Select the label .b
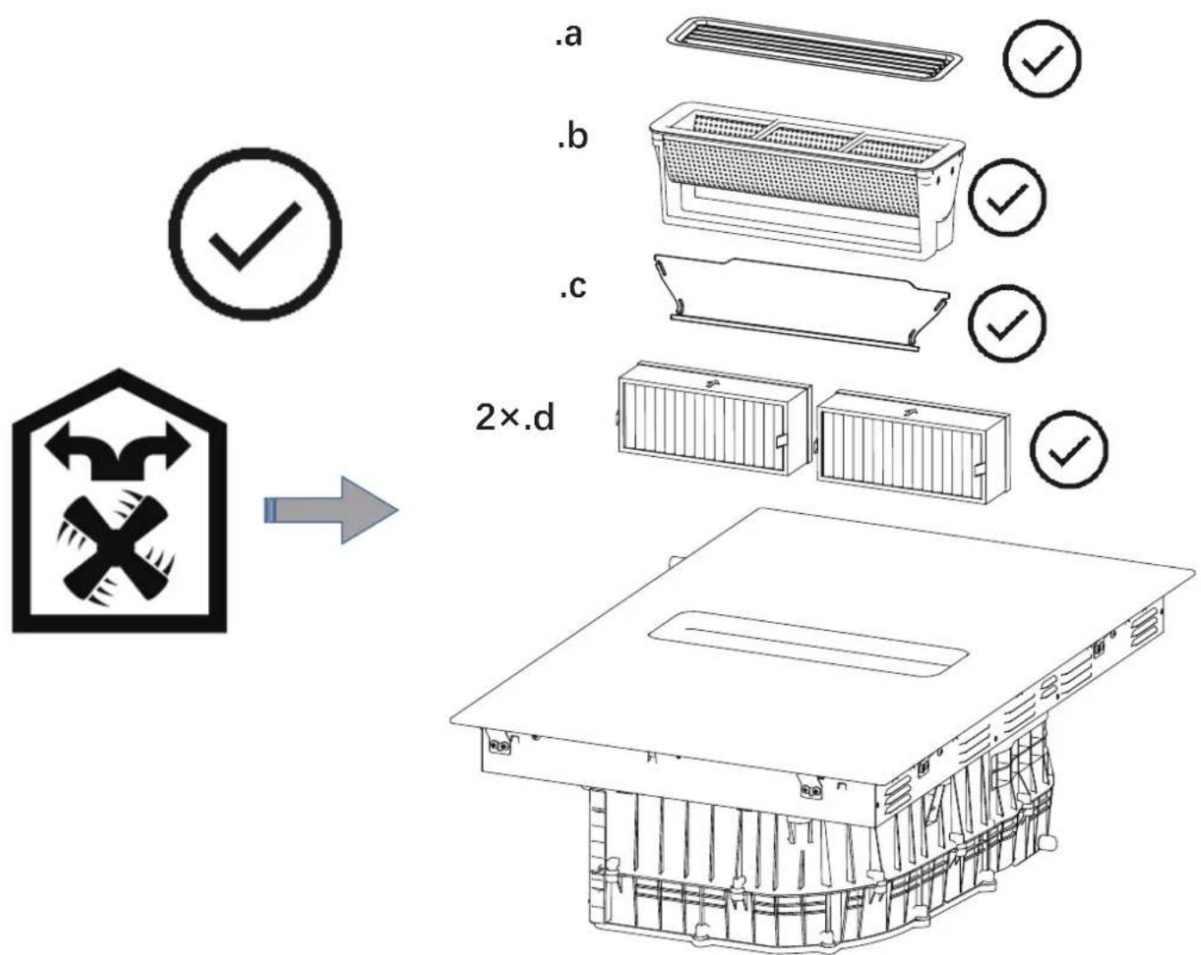point(572,136)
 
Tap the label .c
point(573,286)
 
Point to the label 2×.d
point(515,418)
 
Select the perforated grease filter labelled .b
point(807,182)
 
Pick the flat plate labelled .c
point(802,303)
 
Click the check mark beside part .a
point(1042,58)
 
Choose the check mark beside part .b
point(1007,197)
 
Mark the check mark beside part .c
point(1007,323)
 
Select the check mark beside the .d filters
point(1068,450)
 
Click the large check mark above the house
point(255,234)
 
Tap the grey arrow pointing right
point(331,510)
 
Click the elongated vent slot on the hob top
point(807,644)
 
